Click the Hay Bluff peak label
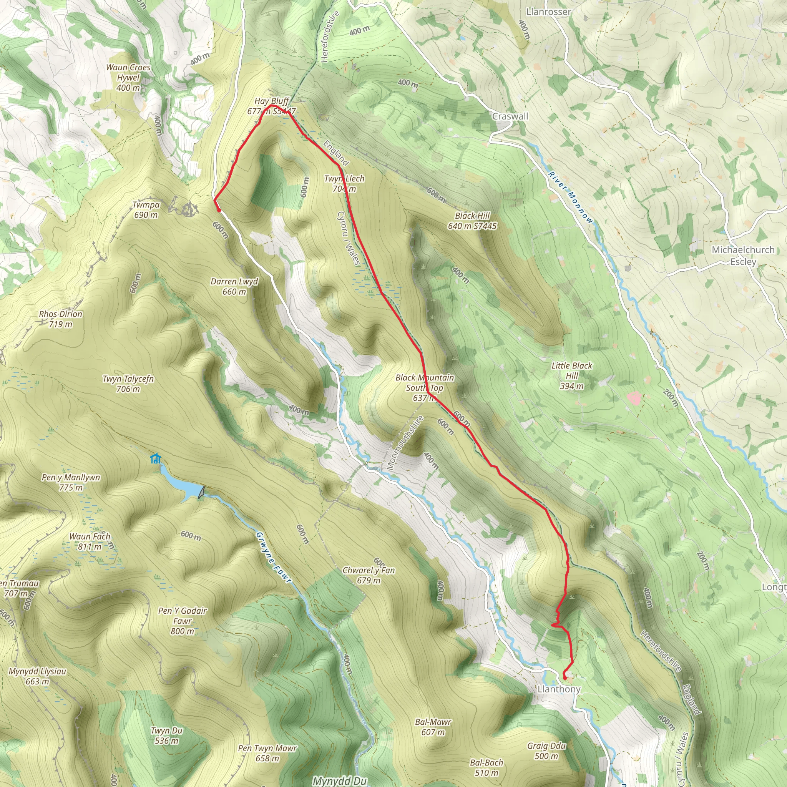(271, 106)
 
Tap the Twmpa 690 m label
(146, 210)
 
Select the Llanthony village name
(559, 689)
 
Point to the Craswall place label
(510, 116)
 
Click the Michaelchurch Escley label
(743, 256)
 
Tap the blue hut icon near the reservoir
(155, 459)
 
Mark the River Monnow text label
(570, 197)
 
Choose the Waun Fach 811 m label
(90, 542)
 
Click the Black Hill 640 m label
(472, 221)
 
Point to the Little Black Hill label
(571, 375)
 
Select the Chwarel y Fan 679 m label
(369, 575)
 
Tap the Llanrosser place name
(548, 12)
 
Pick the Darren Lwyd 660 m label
(234, 286)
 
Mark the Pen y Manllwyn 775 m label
(71, 482)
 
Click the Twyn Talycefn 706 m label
(128, 384)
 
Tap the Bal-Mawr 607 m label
(433, 727)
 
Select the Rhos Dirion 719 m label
(61, 319)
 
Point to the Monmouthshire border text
(405, 443)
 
